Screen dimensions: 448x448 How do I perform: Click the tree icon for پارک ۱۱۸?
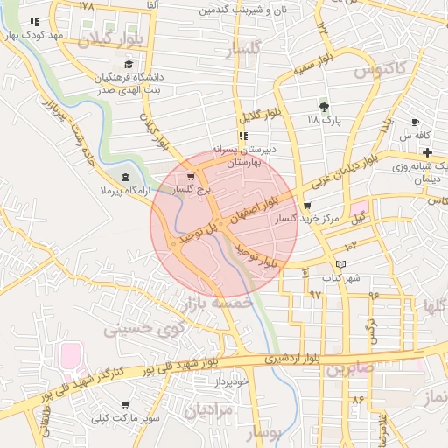[325, 106]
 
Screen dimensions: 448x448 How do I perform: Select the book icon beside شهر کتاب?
[340, 263]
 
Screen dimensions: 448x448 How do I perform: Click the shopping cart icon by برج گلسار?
[191, 175]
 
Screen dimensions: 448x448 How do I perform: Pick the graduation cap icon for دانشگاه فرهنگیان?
[129, 64]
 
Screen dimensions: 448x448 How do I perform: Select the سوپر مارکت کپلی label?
[129, 418]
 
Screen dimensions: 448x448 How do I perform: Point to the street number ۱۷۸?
[86, 6]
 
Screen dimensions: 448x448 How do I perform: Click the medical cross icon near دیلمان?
[426, 152]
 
